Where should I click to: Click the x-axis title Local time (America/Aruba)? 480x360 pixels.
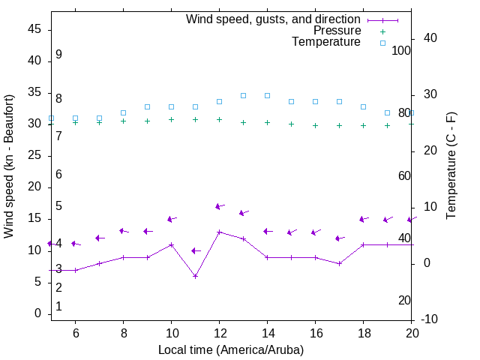tap(231, 349)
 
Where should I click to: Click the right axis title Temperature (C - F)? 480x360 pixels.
tap(451, 166)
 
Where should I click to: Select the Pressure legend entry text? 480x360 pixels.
tap(336, 31)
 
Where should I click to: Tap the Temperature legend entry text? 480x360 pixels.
tap(326, 42)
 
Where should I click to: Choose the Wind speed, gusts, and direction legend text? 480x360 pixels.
tap(273, 19)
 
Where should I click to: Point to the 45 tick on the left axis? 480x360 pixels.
tap(34, 29)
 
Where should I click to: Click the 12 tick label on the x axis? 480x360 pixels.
tap(219, 332)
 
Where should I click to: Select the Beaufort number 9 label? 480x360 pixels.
tap(58, 55)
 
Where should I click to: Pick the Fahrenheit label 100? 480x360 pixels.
tap(401, 50)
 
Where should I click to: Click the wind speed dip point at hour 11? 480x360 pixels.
tap(195, 276)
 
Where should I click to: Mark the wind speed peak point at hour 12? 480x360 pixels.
tap(219, 232)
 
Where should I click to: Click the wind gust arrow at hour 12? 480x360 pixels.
tap(219, 206)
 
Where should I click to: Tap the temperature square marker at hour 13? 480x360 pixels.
tap(243, 95)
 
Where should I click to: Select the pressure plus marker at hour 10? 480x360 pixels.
tap(171, 119)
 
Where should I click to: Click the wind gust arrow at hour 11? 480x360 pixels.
tap(195, 250)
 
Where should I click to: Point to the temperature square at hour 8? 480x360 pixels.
tap(123, 112)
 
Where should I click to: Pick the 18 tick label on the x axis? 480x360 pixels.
tap(363, 332)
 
